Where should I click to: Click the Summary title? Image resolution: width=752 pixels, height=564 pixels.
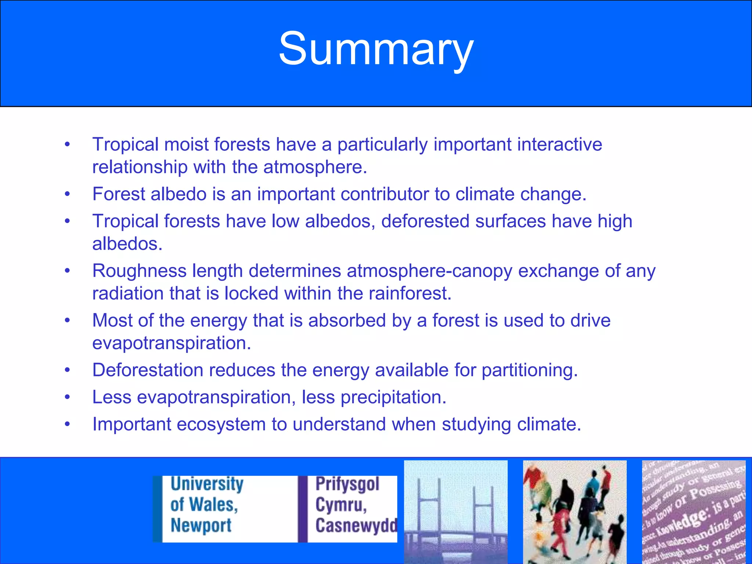(376, 49)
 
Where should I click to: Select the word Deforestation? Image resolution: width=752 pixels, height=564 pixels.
(148, 370)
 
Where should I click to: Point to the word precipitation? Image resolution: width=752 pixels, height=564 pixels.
(393, 397)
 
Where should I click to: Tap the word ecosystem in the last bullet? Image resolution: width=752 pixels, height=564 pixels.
(221, 424)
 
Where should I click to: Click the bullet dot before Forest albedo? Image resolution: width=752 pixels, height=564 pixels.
(67, 194)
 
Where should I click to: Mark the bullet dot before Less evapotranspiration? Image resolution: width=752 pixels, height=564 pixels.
(67, 397)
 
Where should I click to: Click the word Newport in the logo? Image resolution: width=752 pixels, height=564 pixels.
(201, 525)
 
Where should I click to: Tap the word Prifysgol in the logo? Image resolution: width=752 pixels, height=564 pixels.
(347, 484)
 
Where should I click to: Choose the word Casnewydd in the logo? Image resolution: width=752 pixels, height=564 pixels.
(356, 525)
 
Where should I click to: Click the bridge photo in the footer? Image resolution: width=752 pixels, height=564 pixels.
(456, 512)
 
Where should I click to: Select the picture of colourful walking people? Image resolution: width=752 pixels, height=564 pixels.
(575, 512)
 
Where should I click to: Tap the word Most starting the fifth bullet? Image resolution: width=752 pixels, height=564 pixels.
(112, 321)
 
